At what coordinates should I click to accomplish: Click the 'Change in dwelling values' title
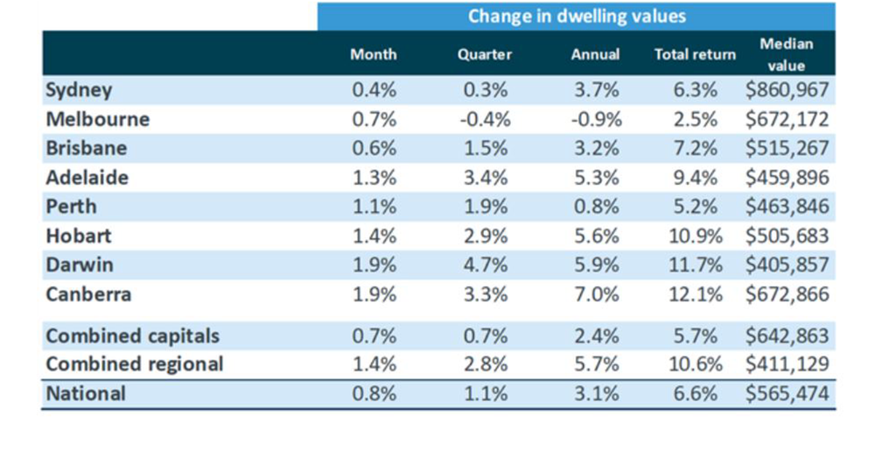(x=577, y=16)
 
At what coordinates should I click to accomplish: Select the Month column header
(x=373, y=54)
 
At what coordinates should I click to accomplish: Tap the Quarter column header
(x=484, y=54)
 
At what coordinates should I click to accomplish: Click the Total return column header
(x=695, y=54)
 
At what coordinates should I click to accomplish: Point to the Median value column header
(x=787, y=54)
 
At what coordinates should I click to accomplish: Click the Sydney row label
(x=79, y=90)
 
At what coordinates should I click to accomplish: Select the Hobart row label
(x=79, y=236)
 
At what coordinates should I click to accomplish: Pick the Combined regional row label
(x=134, y=363)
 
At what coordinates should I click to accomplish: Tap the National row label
(x=86, y=393)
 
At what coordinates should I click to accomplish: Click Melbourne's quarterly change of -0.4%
(x=483, y=119)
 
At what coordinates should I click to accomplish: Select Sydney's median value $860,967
(x=787, y=90)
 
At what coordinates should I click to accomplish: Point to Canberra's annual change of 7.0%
(x=595, y=294)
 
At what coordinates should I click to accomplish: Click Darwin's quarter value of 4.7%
(x=484, y=264)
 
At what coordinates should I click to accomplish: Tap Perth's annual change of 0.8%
(x=595, y=207)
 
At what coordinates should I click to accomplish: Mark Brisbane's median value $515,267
(x=787, y=148)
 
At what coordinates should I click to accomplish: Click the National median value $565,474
(x=787, y=393)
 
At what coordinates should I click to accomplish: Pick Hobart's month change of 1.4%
(x=373, y=236)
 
